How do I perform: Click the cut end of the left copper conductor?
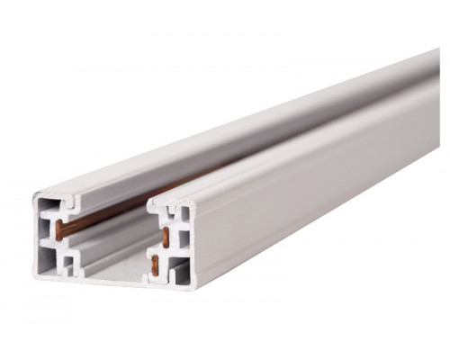pyautogui.click(x=60, y=229)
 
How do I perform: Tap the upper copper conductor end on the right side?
pyautogui.click(x=166, y=237)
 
